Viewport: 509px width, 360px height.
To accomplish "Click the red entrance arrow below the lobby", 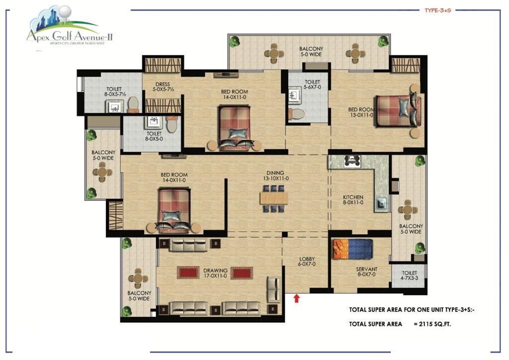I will pos(297,298).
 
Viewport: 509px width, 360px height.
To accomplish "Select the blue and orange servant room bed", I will pos(352,249).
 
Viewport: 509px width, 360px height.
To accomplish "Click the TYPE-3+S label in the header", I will pos(437,9).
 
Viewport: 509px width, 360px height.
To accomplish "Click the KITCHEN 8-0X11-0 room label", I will pos(353,200).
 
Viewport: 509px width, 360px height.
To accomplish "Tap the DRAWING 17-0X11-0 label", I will pos(215,273).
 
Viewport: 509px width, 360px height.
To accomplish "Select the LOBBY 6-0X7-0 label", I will pos(307,262).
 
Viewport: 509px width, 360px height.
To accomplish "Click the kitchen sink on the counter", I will pos(381,203).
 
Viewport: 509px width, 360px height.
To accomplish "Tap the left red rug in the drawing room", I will pos(187,272).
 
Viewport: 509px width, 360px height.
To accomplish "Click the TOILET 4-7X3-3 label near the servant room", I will pos(409,276).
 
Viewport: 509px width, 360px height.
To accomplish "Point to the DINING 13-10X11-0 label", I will pos(276,176).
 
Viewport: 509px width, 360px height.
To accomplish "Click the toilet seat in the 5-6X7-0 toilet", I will pos(297,114).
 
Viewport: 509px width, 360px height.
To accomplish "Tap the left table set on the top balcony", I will pos(273,53).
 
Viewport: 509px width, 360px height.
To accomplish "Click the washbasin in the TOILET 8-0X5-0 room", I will pos(153,121).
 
